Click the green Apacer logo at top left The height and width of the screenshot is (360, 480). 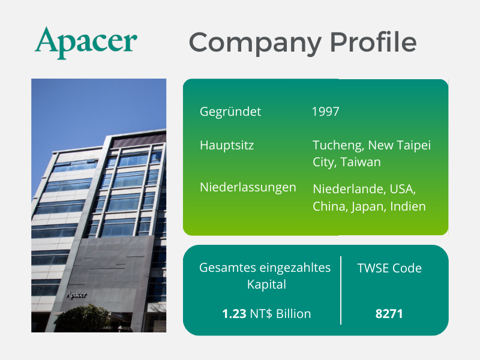tap(86, 43)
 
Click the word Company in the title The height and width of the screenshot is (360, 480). tap(256, 43)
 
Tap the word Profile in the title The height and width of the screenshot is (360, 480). tap(373, 41)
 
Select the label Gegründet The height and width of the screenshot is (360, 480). tap(230, 112)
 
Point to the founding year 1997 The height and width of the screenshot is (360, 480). tap(325, 112)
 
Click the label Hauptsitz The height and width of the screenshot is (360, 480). tap(227, 145)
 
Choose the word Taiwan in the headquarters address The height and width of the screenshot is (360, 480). tap(361, 162)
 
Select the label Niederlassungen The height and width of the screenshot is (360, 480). tap(248, 187)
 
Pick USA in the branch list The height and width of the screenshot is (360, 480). tap(403, 189)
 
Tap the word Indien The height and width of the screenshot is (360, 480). tap(408, 206)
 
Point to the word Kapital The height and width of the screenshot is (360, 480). tap(266, 284)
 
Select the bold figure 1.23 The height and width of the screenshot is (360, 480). tap(234, 314)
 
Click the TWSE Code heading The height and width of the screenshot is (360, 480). tap(389, 268)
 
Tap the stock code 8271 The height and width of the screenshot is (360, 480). tap(389, 314)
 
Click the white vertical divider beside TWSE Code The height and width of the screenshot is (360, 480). tap(341, 290)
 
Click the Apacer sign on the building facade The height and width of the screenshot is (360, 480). tap(77, 295)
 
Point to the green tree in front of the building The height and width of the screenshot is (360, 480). tap(83, 318)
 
